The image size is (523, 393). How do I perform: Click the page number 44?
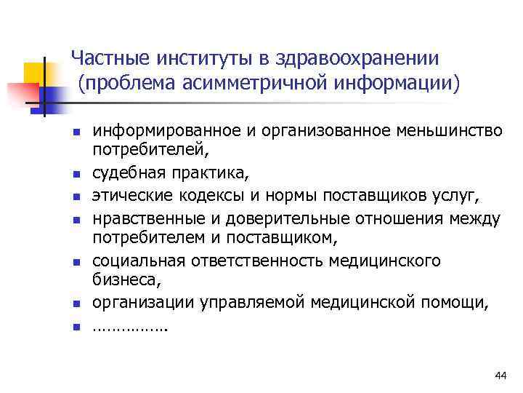[500, 375]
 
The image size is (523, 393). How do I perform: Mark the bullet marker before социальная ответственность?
[75, 261]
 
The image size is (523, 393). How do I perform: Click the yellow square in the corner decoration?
[35, 73]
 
